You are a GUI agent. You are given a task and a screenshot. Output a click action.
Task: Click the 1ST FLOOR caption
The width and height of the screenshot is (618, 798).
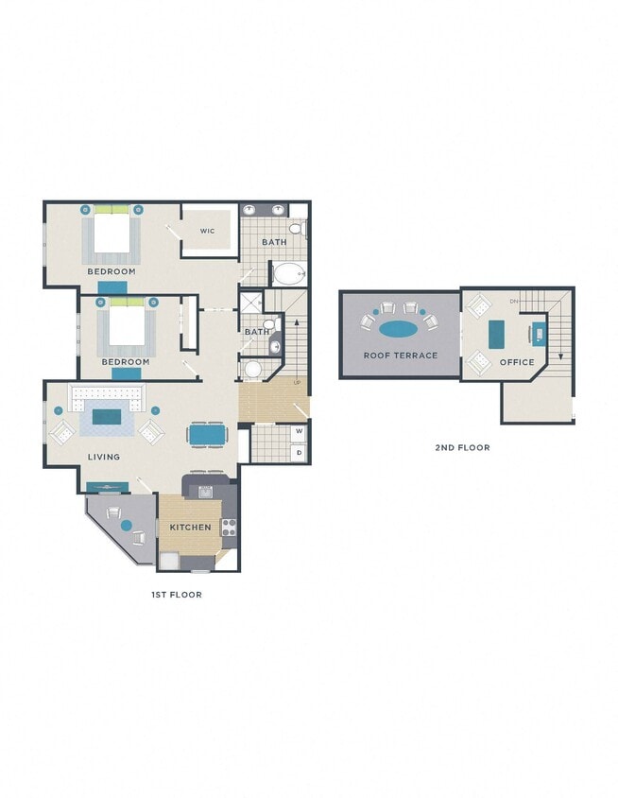[x=177, y=595]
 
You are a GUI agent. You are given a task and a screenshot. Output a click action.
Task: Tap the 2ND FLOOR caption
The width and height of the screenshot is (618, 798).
[x=462, y=447]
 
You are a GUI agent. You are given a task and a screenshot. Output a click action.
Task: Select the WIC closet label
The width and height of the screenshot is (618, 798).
[x=208, y=230]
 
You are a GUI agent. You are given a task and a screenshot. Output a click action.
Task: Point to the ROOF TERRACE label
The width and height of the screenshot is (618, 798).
[x=401, y=356]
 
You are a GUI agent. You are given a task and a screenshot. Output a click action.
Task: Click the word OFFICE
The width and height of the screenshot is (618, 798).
[x=517, y=362]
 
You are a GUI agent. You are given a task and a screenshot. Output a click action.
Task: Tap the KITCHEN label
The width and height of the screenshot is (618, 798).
[x=190, y=527]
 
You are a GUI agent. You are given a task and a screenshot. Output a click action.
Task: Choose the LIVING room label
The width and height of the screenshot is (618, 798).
[x=104, y=457]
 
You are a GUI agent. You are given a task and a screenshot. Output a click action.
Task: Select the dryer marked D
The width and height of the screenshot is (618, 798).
[x=300, y=453]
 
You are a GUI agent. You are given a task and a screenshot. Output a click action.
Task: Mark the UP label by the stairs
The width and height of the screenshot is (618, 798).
[x=298, y=383]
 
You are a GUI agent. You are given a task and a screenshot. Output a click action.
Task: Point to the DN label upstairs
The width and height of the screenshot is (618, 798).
[x=514, y=302]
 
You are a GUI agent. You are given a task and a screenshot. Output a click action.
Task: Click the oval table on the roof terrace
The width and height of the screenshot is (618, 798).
[x=399, y=329]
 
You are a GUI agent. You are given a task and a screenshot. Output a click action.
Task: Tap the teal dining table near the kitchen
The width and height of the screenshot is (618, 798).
[x=207, y=434]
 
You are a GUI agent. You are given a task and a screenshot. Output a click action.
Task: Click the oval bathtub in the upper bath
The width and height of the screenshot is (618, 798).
[x=288, y=274]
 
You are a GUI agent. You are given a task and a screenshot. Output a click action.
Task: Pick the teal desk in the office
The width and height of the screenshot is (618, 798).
[x=497, y=333]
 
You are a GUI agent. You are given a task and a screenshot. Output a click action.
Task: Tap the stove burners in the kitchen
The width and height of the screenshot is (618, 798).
[x=228, y=528]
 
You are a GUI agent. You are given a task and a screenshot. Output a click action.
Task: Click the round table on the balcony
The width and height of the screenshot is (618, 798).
[x=126, y=525]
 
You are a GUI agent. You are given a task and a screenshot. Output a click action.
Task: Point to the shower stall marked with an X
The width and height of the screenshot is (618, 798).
[x=251, y=303]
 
